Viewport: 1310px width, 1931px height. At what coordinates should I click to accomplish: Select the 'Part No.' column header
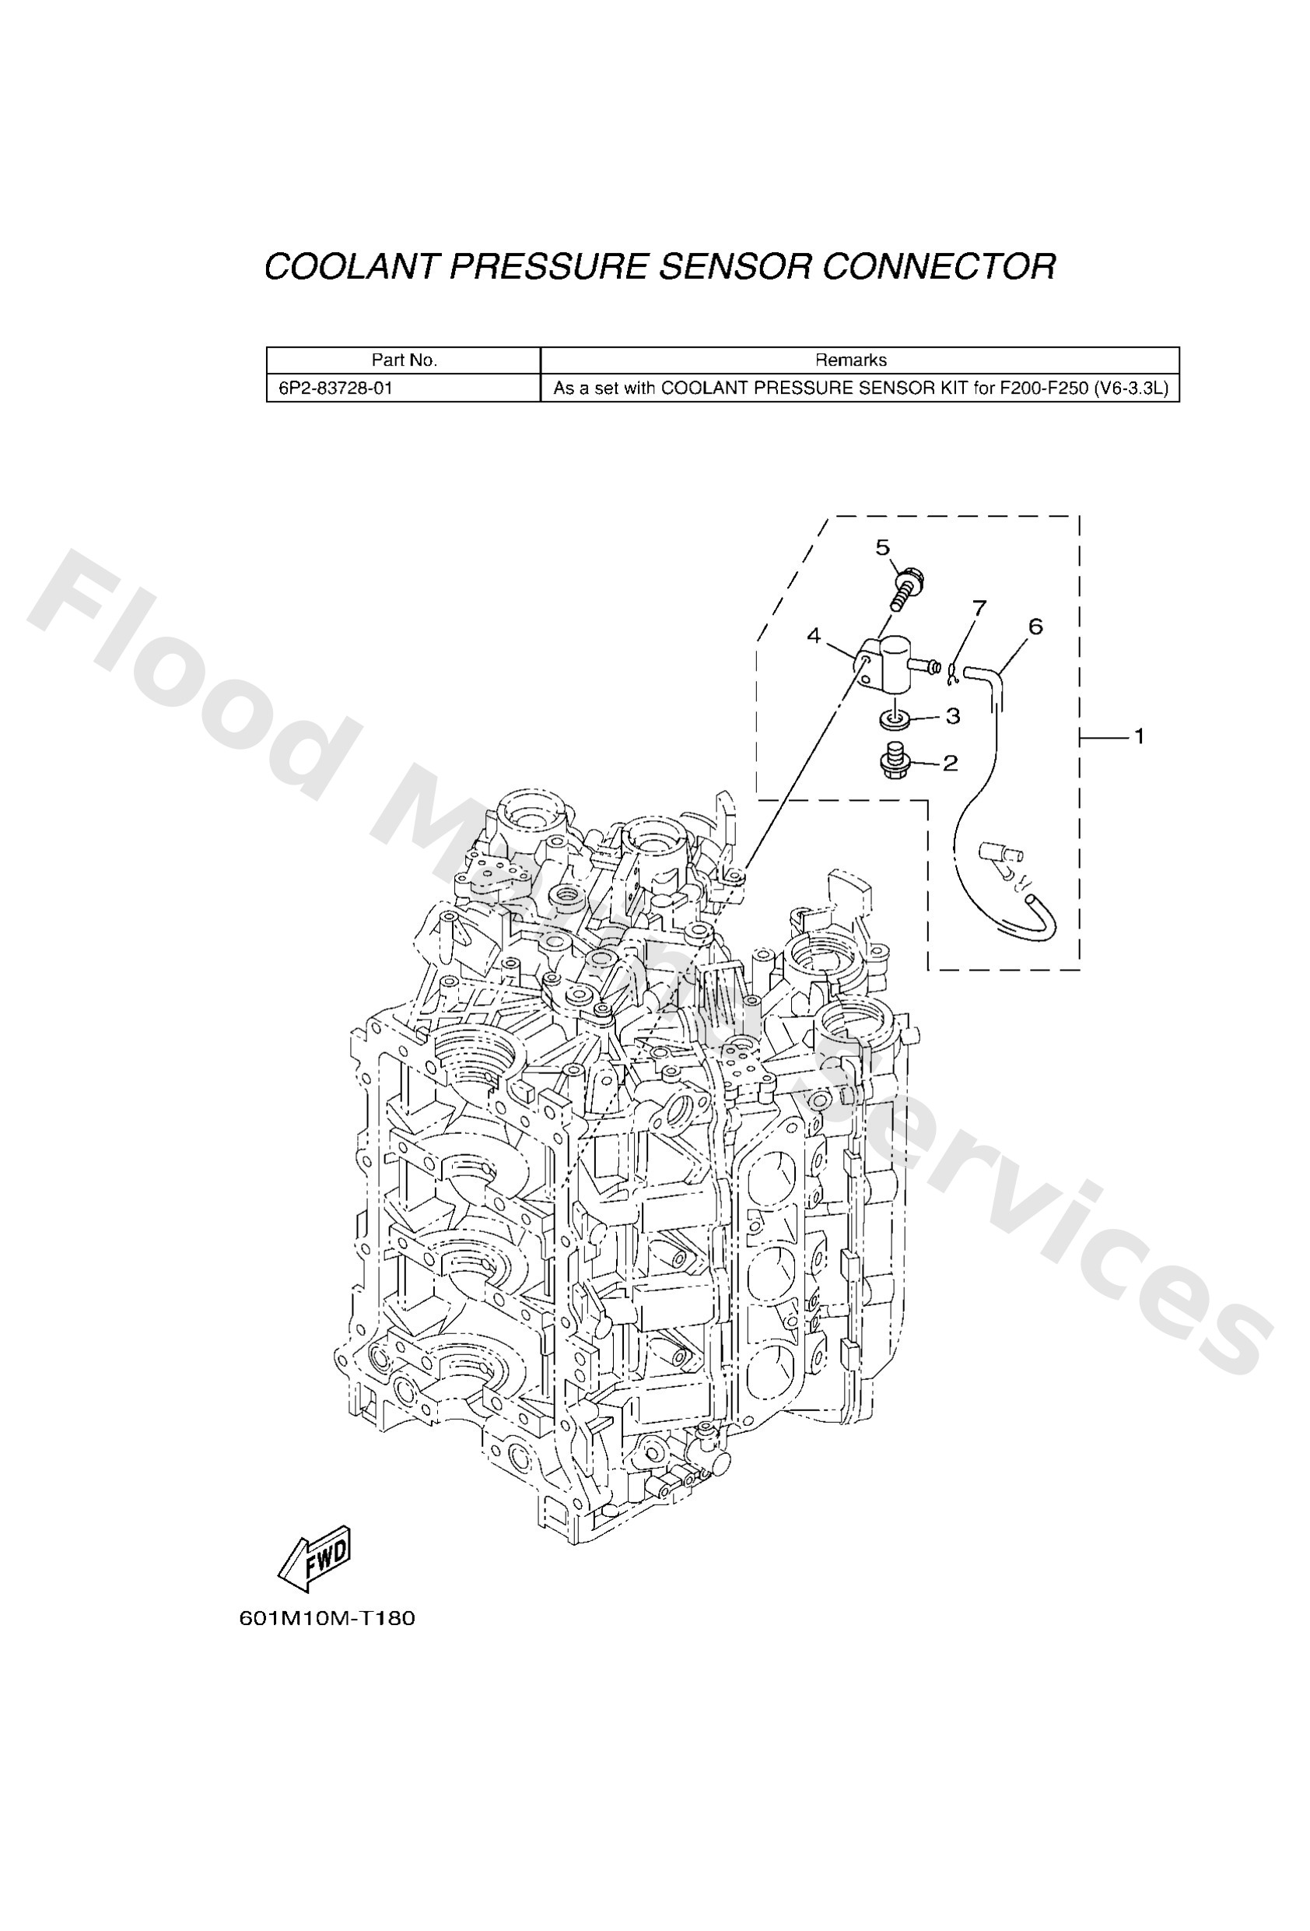click(x=404, y=360)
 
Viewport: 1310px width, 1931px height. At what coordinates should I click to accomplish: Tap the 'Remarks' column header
click(x=849, y=360)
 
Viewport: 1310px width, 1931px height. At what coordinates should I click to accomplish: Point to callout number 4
click(x=813, y=637)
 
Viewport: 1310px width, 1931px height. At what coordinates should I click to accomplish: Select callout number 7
click(x=979, y=608)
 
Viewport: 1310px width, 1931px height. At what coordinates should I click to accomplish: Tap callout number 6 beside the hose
click(x=1035, y=627)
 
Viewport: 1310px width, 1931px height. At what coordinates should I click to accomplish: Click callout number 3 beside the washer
click(x=953, y=715)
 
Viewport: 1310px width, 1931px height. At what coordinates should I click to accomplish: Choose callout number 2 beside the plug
click(x=951, y=762)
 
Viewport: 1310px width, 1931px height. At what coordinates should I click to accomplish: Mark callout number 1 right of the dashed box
click(x=1139, y=736)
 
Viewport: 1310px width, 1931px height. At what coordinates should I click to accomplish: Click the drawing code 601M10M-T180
click(x=327, y=1619)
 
